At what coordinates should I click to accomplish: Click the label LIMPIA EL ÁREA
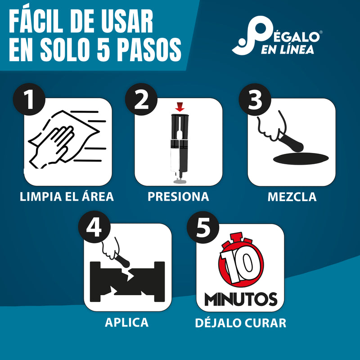point(67,197)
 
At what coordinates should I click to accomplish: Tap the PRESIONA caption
point(179,197)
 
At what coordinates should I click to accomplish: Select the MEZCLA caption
point(292,197)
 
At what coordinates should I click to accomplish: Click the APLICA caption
point(126,322)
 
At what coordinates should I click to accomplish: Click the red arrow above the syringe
point(180,107)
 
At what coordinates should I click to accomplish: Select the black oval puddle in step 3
point(300,157)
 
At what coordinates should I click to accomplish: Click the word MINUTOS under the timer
point(240,299)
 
